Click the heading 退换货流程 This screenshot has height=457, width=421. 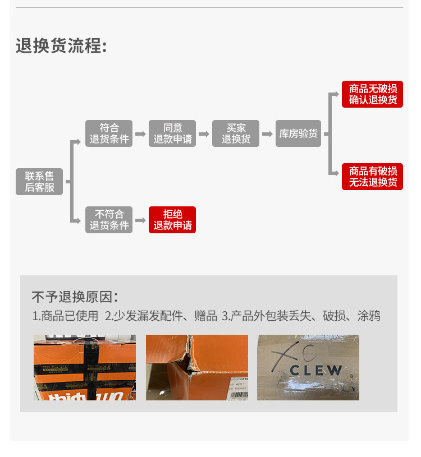pyautogui.click(x=61, y=46)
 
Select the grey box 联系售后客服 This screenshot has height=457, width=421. pyautogui.click(x=39, y=181)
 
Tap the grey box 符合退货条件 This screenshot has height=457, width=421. pyautogui.click(x=109, y=133)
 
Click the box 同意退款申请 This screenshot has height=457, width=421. pyautogui.click(x=172, y=133)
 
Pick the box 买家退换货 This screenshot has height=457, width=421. pyautogui.click(x=236, y=133)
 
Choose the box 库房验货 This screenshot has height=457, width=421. pyautogui.click(x=298, y=133)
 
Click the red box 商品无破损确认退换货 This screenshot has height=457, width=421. pyautogui.click(x=372, y=94)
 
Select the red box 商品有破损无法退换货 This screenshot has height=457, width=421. pyautogui.click(x=372, y=177)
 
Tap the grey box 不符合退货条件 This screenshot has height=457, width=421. pyautogui.click(x=109, y=219)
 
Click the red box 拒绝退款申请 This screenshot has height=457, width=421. pyautogui.click(x=172, y=219)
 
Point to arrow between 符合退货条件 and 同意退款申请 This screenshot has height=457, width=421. pyautogui.click(x=140, y=134)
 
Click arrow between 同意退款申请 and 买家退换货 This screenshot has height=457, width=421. pyautogui.click(x=204, y=134)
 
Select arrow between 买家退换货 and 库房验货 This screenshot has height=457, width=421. pyautogui.click(x=267, y=134)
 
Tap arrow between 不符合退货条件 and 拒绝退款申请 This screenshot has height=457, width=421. pyautogui.click(x=140, y=220)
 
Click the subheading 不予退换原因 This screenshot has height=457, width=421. pyautogui.click(x=75, y=297)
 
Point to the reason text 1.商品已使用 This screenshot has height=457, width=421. pyautogui.click(x=65, y=316)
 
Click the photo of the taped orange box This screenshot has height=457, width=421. pyautogui.click(x=84, y=367)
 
